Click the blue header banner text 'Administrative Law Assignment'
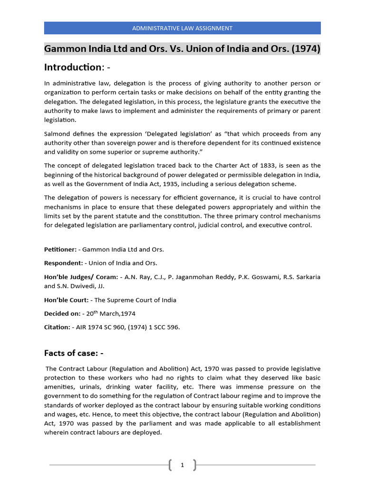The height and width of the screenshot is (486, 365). click(x=182, y=28)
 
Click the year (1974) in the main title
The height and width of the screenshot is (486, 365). click(x=307, y=49)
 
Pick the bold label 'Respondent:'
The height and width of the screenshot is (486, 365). click(x=63, y=263)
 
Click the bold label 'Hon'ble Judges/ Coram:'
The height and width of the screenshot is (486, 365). click(x=81, y=277)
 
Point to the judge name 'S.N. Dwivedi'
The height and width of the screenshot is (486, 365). click(x=71, y=286)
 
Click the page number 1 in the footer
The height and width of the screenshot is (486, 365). click(x=182, y=466)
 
